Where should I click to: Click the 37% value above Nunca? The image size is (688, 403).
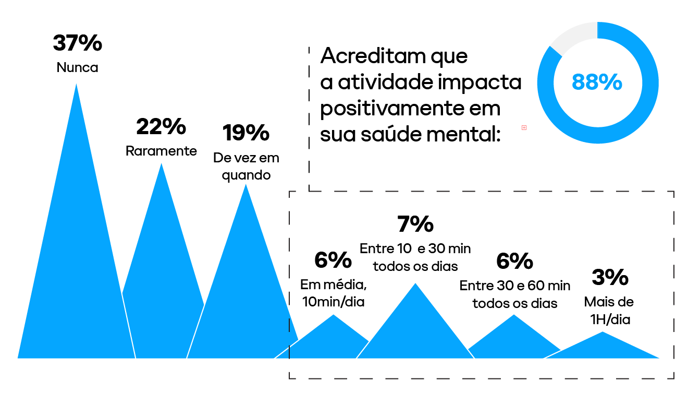click(77, 43)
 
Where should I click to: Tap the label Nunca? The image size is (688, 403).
click(77, 68)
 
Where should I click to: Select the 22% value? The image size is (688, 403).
click(161, 127)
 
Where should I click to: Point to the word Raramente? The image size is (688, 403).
click(161, 151)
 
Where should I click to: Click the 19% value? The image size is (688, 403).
click(245, 133)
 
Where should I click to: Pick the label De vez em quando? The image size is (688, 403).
click(246, 166)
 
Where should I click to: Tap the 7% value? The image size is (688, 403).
click(415, 224)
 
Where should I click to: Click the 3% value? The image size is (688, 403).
click(610, 278)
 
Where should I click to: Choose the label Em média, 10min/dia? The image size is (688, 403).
click(333, 293)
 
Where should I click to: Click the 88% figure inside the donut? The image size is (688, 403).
click(597, 82)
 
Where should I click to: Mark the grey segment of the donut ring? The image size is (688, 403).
click(572, 38)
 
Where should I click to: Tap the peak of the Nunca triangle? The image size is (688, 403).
click(77, 86)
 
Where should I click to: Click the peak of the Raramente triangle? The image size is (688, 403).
click(161, 165)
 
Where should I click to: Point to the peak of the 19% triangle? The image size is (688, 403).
click(245, 186)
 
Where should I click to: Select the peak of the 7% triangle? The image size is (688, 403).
click(415, 285)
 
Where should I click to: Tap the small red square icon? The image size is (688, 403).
click(524, 127)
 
